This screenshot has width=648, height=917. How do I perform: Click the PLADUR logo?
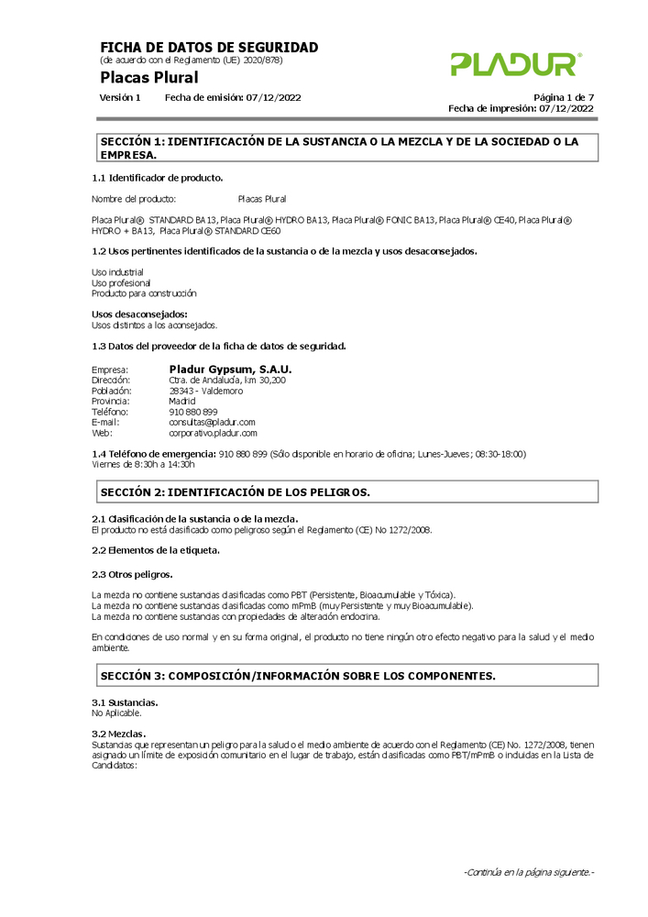[x=515, y=64]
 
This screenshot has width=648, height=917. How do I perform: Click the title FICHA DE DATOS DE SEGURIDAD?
[x=209, y=48]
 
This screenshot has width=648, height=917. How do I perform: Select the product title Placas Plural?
[x=148, y=77]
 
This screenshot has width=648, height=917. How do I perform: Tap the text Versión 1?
[x=120, y=97]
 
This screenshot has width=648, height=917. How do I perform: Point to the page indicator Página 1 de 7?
[x=564, y=97]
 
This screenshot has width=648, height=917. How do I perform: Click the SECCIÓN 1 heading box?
[x=347, y=148]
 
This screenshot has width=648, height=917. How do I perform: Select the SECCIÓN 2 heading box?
[x=347, y=492]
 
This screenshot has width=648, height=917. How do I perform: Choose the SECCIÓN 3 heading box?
[x=347, y=676]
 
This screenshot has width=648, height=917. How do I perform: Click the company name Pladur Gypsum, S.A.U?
[x=230, y=370]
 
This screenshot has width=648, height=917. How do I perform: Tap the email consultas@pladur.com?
[x=212, y=422]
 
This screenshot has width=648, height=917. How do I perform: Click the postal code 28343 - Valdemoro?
[x=206, y=391]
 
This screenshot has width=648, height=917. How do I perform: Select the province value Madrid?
[x=182, y=401]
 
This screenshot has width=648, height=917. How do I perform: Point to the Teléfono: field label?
[x=110, y=412]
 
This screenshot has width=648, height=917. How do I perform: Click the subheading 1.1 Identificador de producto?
[x=158, y=177]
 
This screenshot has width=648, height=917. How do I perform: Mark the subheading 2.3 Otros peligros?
[x=132, y=574]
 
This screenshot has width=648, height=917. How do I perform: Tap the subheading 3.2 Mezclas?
[x=119, y=735]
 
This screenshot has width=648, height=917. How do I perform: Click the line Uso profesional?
[x=121, y=283]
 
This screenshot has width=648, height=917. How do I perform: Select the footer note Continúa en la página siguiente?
[x=529, y=872]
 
